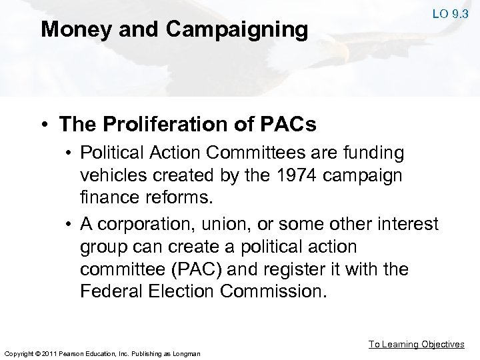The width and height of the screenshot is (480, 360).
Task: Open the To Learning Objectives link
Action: coord(417,345)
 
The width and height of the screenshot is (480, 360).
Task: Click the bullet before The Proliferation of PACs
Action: coord(45,124)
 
